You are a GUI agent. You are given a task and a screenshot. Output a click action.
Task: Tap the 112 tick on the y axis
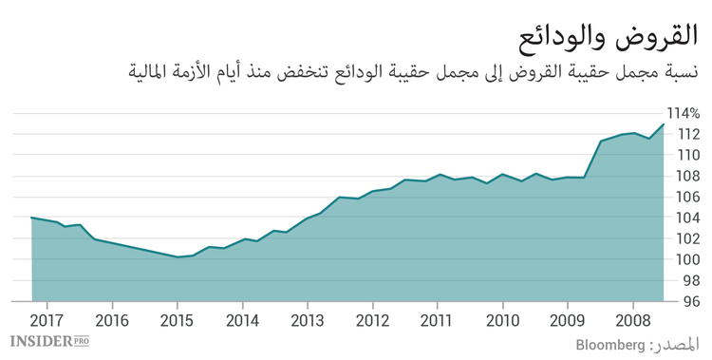[689, 134]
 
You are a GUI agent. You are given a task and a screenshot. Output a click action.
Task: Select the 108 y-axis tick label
[689, 176]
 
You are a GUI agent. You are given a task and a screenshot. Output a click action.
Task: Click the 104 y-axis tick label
[689, 218]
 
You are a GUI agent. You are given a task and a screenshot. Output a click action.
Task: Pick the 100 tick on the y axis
[689, 259]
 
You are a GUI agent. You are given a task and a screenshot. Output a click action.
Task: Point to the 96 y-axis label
[692, 301]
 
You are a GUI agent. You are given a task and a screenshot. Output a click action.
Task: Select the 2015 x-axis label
[177, 319]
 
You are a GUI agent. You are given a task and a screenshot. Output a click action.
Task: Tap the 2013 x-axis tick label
[307, 319]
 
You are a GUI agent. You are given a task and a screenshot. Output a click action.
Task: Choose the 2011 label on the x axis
[437, 319]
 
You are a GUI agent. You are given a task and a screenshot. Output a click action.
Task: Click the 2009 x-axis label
[567, 319]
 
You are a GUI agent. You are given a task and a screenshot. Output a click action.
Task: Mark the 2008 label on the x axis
[632, 319]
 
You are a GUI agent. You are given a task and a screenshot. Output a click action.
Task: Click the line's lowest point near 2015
[178, 256]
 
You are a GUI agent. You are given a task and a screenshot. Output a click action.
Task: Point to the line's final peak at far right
[664, 124]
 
